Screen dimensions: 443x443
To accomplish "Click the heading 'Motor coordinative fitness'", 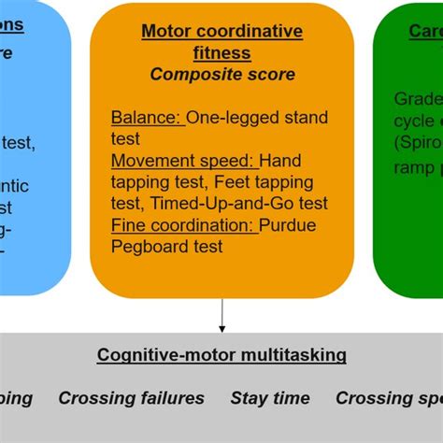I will tap(221, 41).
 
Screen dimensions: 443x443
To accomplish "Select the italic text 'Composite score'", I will tap(221, 74).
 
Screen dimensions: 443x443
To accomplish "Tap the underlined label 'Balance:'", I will tap(147, 118).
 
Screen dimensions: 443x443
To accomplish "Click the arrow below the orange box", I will tap(221, 315).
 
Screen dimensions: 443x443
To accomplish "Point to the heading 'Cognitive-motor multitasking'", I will tap(221, 355).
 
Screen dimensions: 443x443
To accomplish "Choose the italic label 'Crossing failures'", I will tap(131, 398).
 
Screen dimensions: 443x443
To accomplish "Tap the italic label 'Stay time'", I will tap(270, 398).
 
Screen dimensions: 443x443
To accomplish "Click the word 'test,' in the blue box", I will tap(18, 143).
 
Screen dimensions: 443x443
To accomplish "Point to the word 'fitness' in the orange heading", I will tap(221, 52).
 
